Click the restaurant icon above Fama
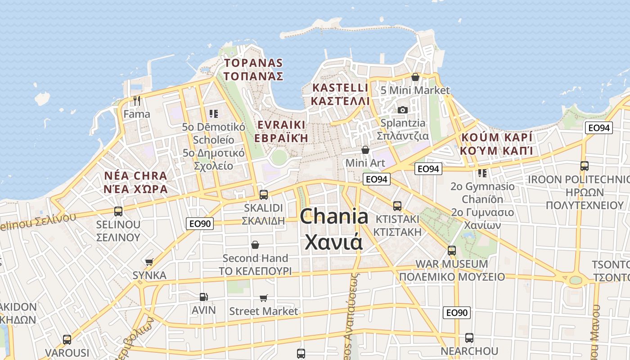coord(137,100)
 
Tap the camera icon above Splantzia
coord(402,110)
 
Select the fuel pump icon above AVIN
coord(203,297)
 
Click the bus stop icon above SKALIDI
coord(263,195)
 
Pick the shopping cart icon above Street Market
coord(263,298)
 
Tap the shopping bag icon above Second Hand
coord(255,245)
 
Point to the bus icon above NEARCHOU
coord(469,337)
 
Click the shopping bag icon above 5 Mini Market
coord(415,77)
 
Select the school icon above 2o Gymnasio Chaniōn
coord(482,173)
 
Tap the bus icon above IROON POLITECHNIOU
coord(584,166)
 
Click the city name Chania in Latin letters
coord(334,217)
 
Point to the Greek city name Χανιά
coord(334,242)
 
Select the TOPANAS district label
coord(253,63)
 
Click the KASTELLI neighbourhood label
coord(340,87)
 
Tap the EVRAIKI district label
coord(281,125)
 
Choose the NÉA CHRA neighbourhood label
coord(135,175)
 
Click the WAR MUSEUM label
coord(451,264)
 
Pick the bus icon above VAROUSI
coord(67,339)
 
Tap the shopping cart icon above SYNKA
coord(149,262)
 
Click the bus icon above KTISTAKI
coord(397,206)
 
